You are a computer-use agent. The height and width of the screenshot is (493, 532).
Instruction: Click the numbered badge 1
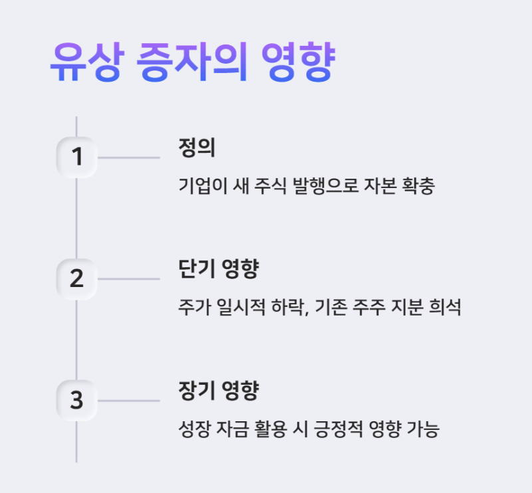(77, 157)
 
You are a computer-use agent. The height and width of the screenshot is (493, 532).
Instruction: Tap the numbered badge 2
(77, 279)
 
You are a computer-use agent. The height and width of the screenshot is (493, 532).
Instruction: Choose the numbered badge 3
(77, 401)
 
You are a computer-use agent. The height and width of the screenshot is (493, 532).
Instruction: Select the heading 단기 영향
(218, 269)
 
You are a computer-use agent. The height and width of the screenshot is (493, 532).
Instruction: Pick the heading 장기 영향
(218, 391)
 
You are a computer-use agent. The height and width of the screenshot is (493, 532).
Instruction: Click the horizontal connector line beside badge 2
(128, 279)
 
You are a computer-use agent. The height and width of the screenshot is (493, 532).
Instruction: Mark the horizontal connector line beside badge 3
(128, 401)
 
